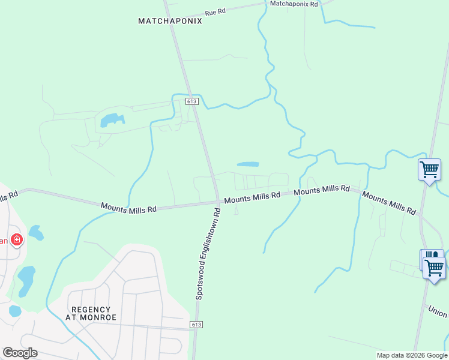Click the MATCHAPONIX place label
(x=170, y=21)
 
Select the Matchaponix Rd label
(x=294, y=4)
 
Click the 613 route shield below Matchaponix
(x=191, y=101)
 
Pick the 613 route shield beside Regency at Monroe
(x=196, y=325)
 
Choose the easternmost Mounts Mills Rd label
(x=389, y=204)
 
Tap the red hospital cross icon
(x=17, y=240)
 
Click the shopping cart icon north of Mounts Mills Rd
(x=429, y=169)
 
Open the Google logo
(x=20, y=353)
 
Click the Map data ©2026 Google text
(x=412, y=355)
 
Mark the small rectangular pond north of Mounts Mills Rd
(x=248, y=164)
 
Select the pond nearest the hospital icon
(x=35, y=232)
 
